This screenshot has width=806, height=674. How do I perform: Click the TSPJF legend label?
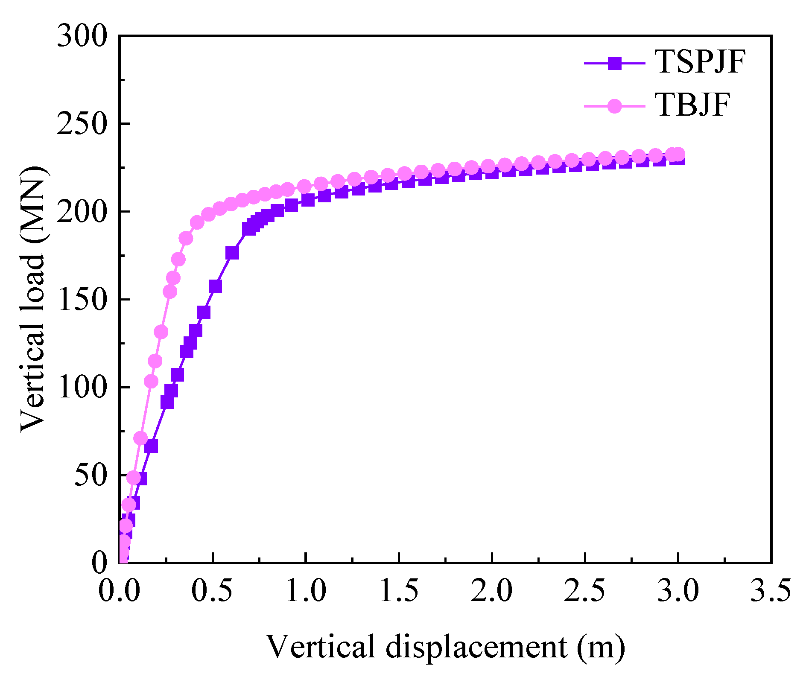[x=700, y=62]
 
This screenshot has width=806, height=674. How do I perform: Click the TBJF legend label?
[x=692, y=105]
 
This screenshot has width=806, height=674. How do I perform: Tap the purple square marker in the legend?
[x=615, y=63]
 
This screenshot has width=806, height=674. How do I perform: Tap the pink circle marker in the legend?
[x=615, y=105]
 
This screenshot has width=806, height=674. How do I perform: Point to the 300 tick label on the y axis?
[x=82, y=36]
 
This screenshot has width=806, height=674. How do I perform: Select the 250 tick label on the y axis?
[x=82, y=124]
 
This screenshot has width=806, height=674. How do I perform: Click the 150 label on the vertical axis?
[x=82, y=300]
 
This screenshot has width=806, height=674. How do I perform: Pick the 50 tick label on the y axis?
[x=90, y=475]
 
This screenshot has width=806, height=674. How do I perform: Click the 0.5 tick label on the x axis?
[x=212, y=591]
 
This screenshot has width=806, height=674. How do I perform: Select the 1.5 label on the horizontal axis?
[x=399, y=591]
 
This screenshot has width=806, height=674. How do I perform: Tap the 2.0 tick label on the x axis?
[x=492, y=591]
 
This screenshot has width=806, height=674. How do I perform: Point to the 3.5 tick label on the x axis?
[x=771, y=591]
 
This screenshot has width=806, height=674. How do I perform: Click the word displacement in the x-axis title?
[x=477, y=646]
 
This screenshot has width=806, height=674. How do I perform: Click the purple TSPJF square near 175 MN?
[x=232, y=253]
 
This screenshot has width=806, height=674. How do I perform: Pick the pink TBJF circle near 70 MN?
[x=140, y=438]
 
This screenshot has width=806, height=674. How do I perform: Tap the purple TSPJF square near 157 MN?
[x=215, y=286]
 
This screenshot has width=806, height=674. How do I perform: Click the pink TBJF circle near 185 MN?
[x=186, y=238]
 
